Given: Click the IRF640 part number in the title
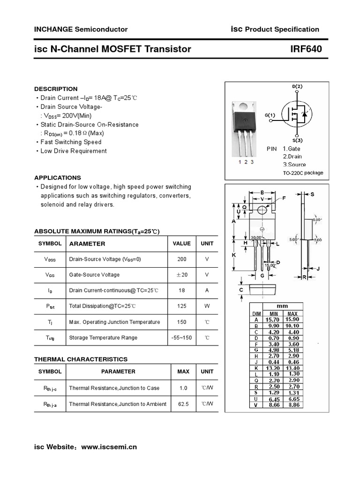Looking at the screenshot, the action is pos(307,49).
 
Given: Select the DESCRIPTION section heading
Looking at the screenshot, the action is pos(56,89).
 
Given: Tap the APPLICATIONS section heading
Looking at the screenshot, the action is pos(58,178).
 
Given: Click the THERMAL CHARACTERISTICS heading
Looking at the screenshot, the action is pos(81,359).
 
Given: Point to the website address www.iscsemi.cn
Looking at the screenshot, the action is pos(109,447).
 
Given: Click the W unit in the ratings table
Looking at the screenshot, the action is pos(207,306).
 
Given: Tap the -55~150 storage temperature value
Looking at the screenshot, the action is pos(181,337).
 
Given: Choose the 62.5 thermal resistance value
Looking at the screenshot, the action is pos(183,404).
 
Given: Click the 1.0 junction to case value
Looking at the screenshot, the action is pos(183,388).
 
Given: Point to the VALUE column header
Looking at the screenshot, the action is pos(181,243).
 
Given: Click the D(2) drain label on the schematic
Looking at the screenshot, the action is pos(297,87).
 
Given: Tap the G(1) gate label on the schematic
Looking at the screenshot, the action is pos(270,115).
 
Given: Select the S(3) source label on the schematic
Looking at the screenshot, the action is pos(297,140).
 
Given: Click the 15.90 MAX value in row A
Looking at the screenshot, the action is pos(292,319).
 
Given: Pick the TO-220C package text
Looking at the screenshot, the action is pos(303,173).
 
